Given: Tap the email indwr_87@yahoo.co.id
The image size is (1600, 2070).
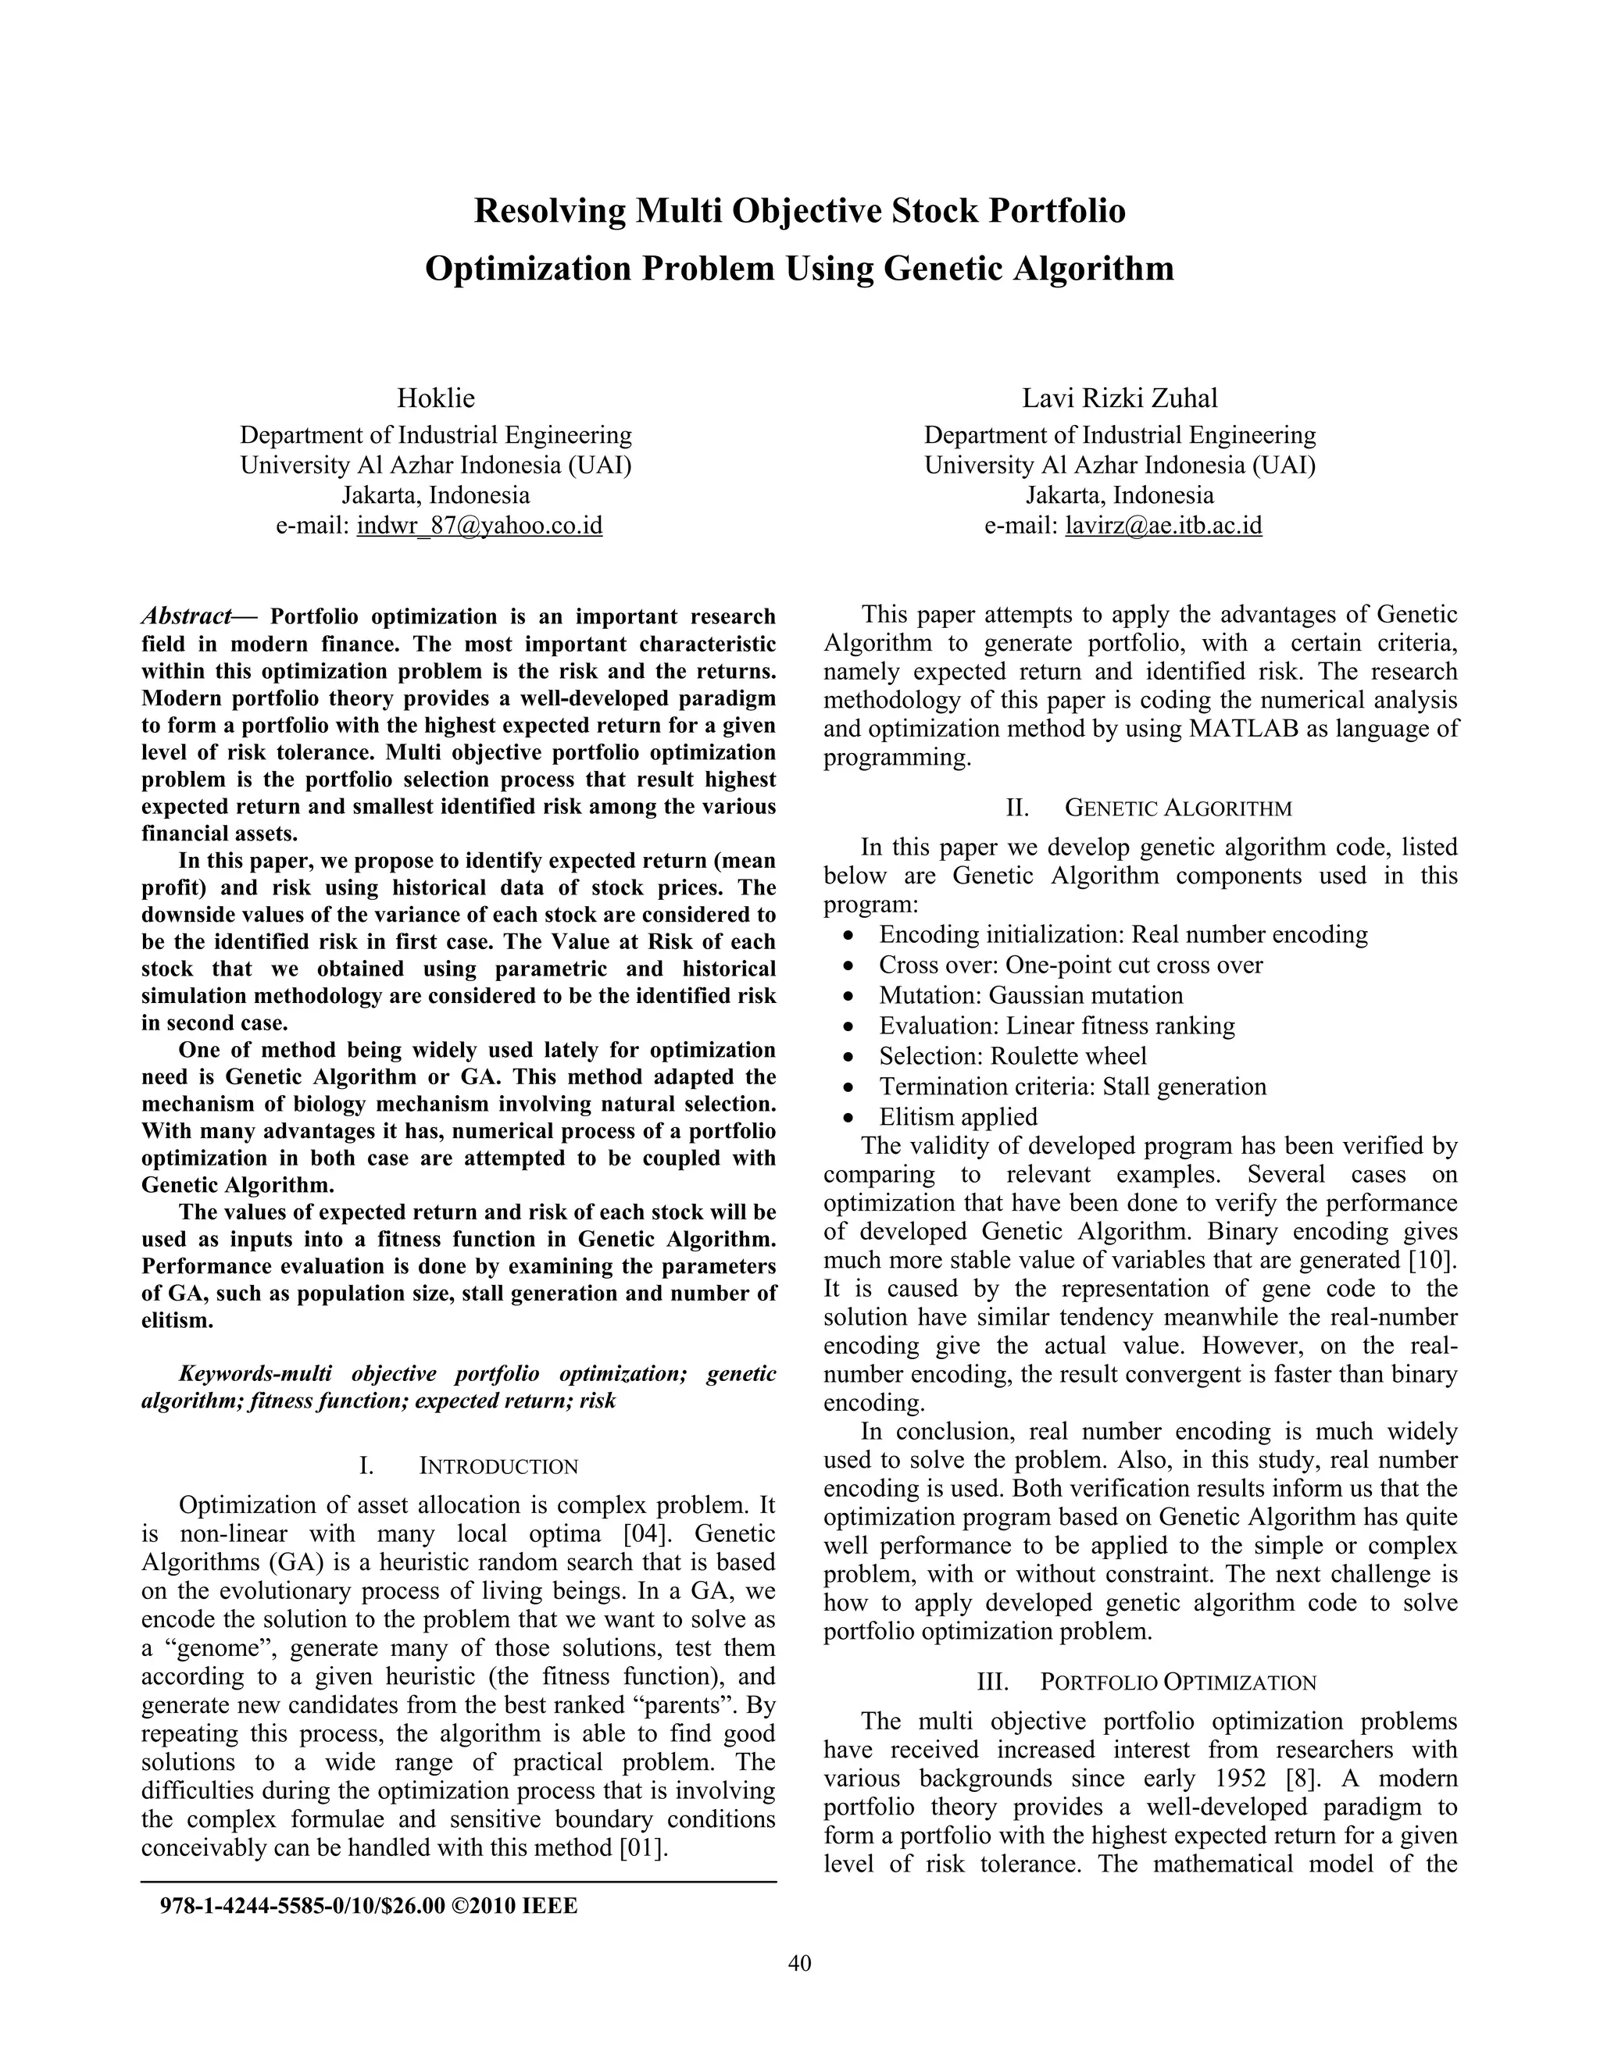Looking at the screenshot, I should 480,525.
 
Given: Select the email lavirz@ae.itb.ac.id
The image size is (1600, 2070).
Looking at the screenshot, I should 1163,525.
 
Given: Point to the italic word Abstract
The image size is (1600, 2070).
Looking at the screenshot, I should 187,616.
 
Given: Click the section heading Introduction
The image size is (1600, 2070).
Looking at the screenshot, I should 498,1466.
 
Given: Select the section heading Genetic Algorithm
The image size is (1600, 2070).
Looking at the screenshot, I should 1178,808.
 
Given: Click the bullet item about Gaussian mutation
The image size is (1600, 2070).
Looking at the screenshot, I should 1030,995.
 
